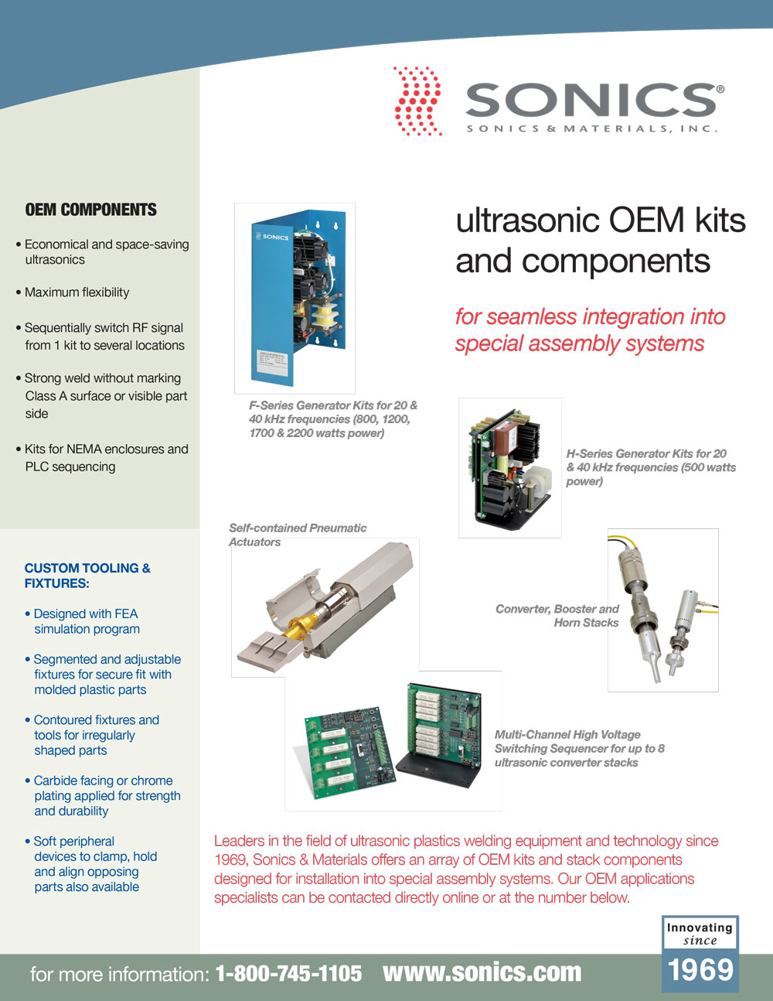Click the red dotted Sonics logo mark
(x=417, y=101)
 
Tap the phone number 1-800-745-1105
(x=288, y=973)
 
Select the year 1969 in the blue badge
(x=700, y=969)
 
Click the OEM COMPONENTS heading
(x=90, y=210)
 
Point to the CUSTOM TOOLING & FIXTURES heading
(x=87, y=576)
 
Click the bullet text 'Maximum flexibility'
(x=77, y=292)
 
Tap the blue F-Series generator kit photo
(x=298, y=298)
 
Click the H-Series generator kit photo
(x=510, y=467)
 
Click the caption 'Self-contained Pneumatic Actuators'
(x=298, y=535)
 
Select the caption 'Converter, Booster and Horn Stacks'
(x=557, y=616)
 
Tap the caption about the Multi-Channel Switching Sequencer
(x=579, y=748)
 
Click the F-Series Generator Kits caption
(x=333, y=419)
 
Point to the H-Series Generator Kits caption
(x=651, y=467)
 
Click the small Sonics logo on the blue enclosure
(x=272, y=236)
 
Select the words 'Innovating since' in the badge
(x=700, y=934)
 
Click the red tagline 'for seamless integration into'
(x=591, y=316)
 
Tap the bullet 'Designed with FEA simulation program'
(x=83, y=621)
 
